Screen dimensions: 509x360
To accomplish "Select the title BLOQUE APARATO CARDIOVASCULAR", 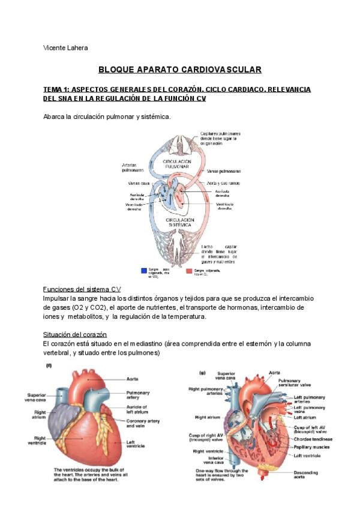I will click(179, 70).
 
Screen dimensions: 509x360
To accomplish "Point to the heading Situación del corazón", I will click(75, 334).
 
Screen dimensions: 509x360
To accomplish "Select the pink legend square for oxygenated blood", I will click(189, 271).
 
